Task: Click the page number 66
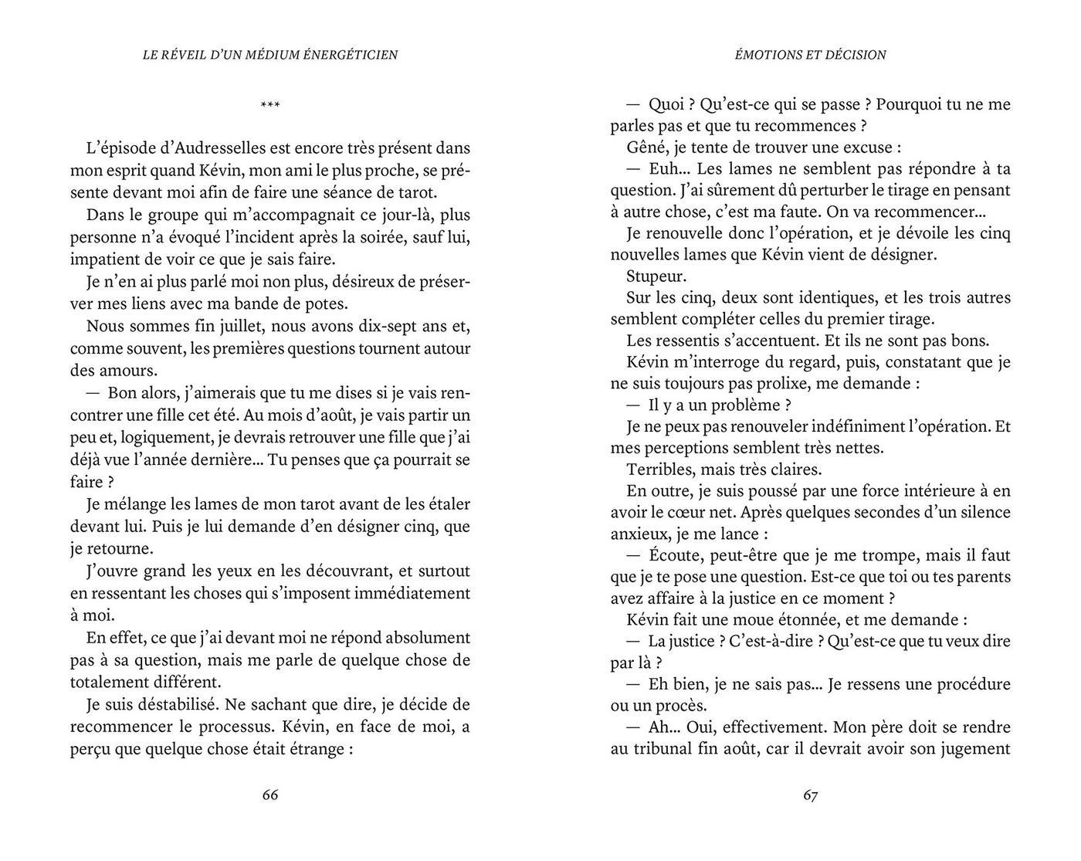click(x=270, y=795)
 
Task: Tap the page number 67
click(x=810, y=795)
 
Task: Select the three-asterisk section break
click(x=270, y=105)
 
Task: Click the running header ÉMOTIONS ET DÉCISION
click(x=810, y=55)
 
